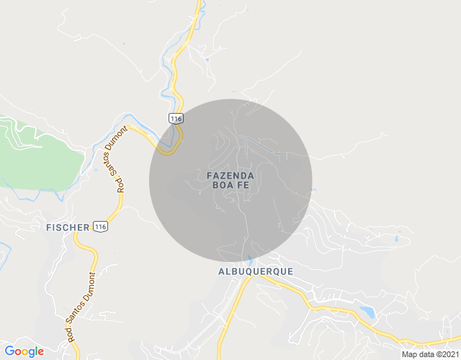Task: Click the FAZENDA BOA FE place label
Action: (230, 180)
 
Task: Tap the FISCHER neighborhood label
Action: (68, 227)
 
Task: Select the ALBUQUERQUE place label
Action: (255, 271)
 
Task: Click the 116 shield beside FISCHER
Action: (101, 227)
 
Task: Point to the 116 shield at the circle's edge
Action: (175, 117)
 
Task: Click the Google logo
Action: (24, 351)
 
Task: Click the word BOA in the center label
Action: (222, 185)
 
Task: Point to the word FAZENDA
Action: (230, 175)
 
